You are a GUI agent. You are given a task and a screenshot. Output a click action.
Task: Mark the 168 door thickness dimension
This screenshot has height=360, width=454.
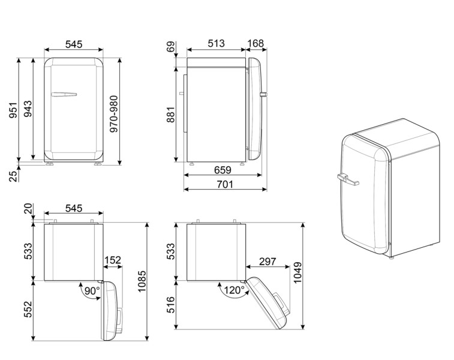255,43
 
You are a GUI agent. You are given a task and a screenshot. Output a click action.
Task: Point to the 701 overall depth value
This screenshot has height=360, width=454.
224,184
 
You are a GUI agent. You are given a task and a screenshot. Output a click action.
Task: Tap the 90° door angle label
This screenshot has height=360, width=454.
91,291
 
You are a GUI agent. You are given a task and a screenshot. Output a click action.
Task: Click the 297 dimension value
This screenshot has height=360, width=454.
267,262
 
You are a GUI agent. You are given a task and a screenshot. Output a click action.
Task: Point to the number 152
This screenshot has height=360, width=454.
112,260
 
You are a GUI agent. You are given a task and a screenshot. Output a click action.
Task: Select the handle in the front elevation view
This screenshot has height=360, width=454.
64,94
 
